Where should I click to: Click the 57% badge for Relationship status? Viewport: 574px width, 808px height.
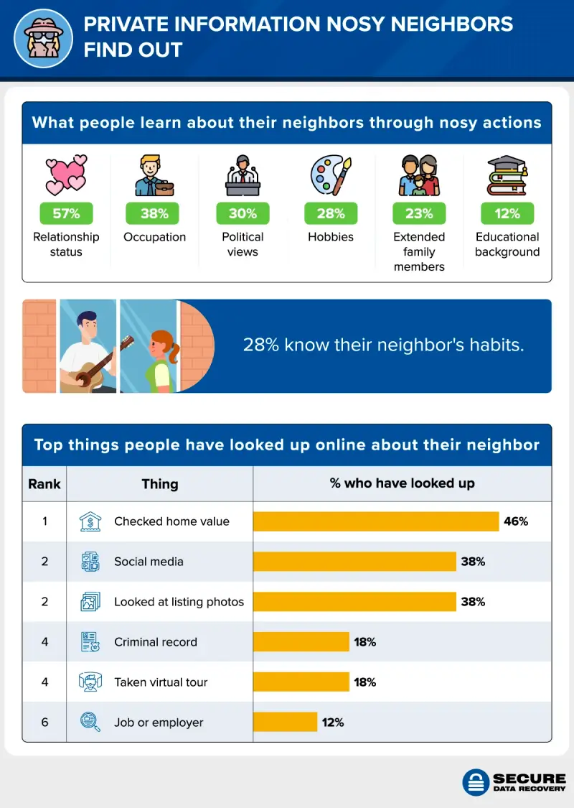66,213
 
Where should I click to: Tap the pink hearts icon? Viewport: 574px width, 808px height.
66,175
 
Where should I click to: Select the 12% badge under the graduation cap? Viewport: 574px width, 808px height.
507,213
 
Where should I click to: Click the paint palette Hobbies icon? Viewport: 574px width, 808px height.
331,175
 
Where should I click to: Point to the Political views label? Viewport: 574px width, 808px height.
243,244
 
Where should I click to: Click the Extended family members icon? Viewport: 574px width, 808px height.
419,175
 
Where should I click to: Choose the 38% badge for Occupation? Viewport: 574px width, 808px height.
154,213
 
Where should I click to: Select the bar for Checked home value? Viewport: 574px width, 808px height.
376,521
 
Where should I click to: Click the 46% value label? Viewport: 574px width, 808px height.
516,521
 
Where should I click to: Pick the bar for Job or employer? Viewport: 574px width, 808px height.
286,722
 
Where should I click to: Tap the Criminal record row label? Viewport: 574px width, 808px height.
155,642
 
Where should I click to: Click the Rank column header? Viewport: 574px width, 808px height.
44,483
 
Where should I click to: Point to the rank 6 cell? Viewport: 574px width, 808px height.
44,722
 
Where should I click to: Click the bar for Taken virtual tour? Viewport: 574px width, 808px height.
301,682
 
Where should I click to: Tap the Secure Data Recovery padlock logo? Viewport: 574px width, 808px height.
475,782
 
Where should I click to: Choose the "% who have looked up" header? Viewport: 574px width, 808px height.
402,483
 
